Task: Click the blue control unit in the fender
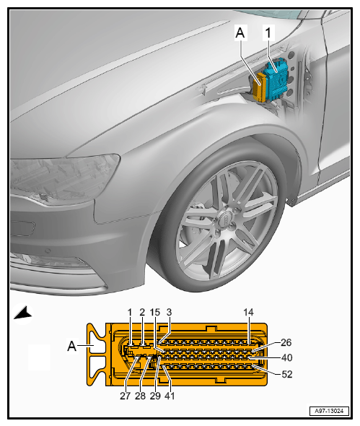pyautogui.click(x=276, y=80)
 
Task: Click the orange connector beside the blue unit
pyautogui.click(x=260, y=87)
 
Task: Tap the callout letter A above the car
pyautogui.click(x=240, y=33)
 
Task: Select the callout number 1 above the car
pyautogui.click(x=268, y=33)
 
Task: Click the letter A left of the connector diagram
pyautogui.click(x=71, y=346)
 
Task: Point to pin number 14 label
pyautogui.click(x=248, y=313)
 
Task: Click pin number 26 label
pyautogui.click(x=286, y=342)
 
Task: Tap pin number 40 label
pyautogui.click(x=286, y=357)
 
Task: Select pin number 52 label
pyautogui.click(x=286, y=374)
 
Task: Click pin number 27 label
pyautogui.click(x=125, y=396)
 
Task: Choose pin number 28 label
pyautogui.click(x=140, y=396)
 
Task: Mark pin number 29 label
pyautogui.click(x=155, y=396)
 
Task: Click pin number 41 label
pyautogui.click(x=170, y=396)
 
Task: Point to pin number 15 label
pyautogui.click(x=155, y=313)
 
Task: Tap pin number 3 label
pyautogui.click(x=169, y=313)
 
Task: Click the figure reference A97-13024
pyautogui.click(x=329, y=411)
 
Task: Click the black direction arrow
pyautogui.click(x=23, y=313)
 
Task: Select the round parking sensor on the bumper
pyautogui.click(x=48, y=251)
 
